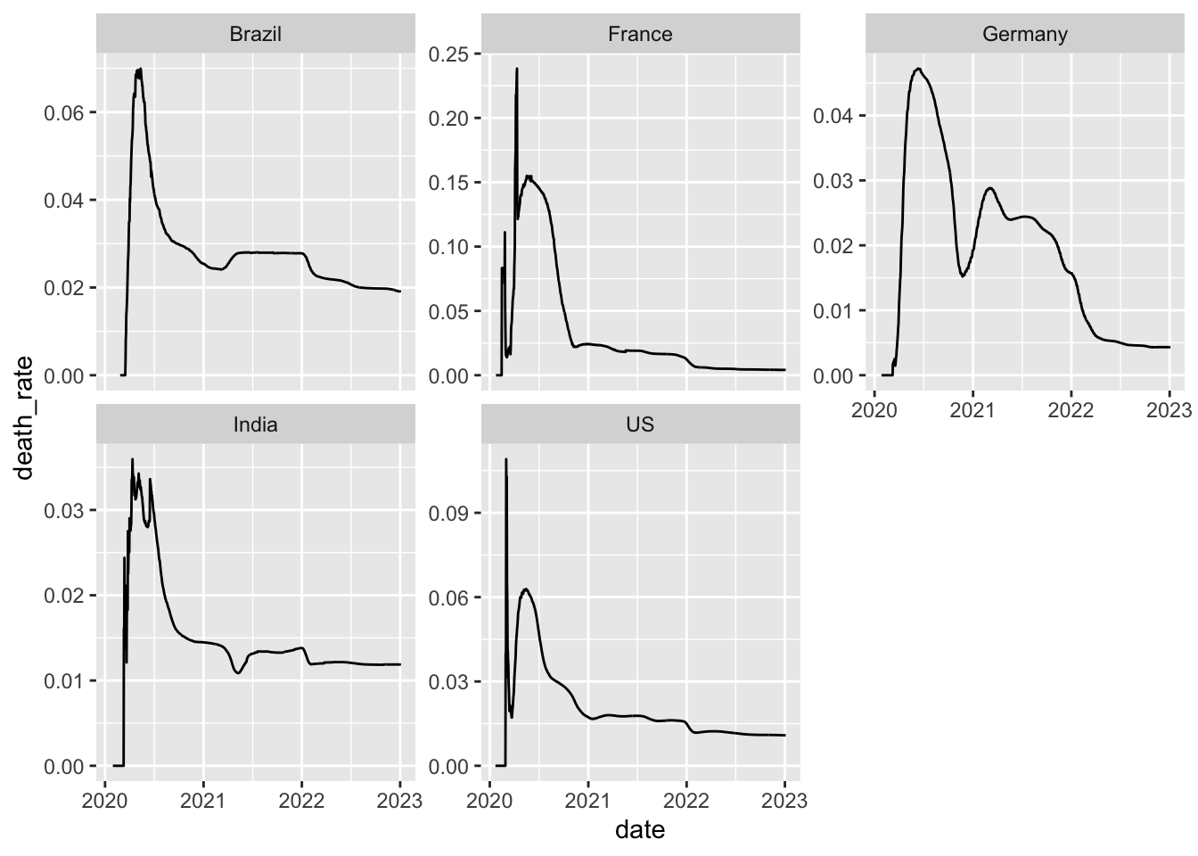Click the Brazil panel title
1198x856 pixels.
pyautogui.click(x=256, y=34)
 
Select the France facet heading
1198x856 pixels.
pyautogui.click(x=640, y=34)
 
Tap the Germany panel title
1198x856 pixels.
pyautogui.click(x=1025, y=34)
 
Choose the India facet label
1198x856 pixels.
pyautogui.click(x=256, y=424)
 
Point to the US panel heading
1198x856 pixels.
pyautogui.click(x=640, y=424)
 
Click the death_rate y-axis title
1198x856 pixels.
pyautogui.click(x=25, y=419)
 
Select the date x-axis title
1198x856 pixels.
pyautogui.click(x=640, y=830)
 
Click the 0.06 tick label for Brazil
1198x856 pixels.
pyautogui.click(x=63, y=113)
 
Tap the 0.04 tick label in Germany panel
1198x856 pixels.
pyautogui.click(x=833, y=116)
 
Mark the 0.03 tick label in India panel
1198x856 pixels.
pyautogui.click(x=63, y=510)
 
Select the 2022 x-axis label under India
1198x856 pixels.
pyautogui.click(x=301, y=801)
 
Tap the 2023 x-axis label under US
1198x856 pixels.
pyautogui.click(x=784, y=801)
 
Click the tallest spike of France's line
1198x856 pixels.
pyautogui.click(x=517, y=69)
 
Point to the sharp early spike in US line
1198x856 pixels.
pyautogui.click(x=506, y=459)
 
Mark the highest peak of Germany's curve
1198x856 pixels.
pyautogui.click(x=918, y=69)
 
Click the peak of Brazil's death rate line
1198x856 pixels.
pyautogui.click(x=140, y=69)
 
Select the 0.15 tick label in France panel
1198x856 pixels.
pyautogui.click(x=448, y=183)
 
